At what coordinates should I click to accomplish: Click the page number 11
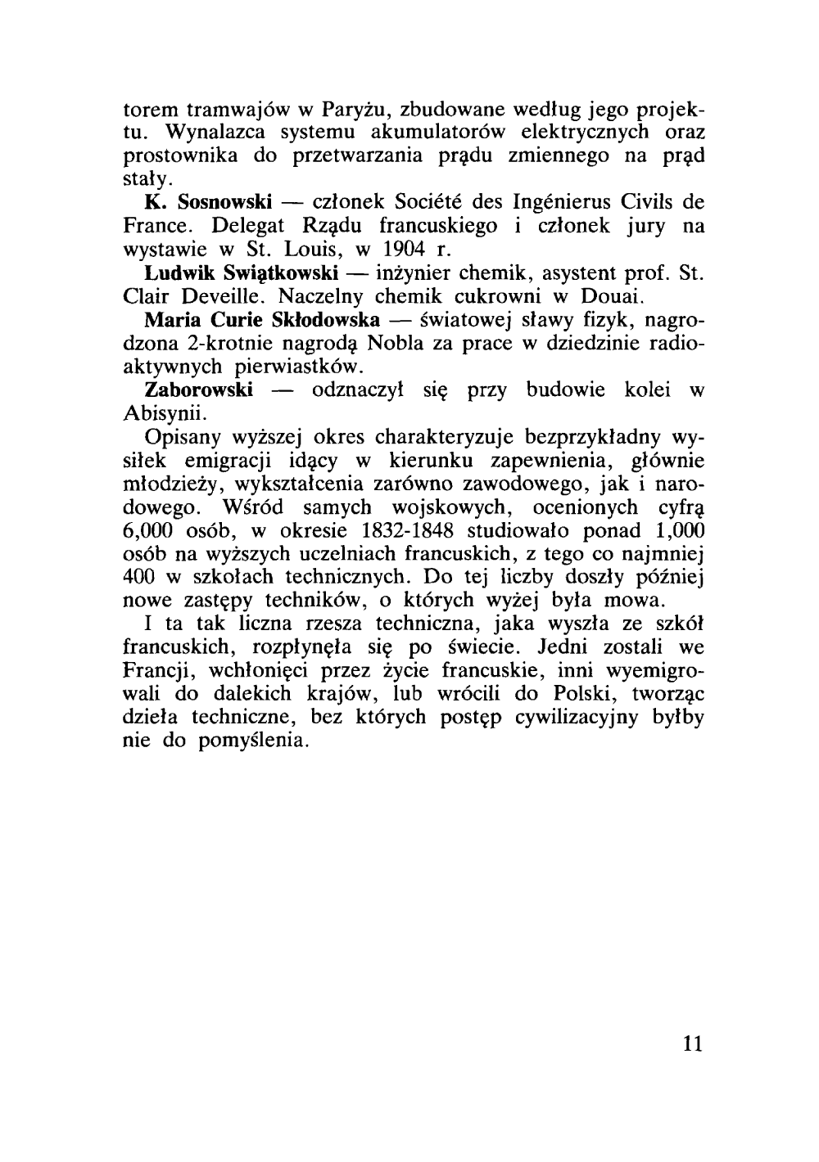tap(692, 1044)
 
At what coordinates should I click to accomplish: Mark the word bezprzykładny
tap(582, 436)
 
